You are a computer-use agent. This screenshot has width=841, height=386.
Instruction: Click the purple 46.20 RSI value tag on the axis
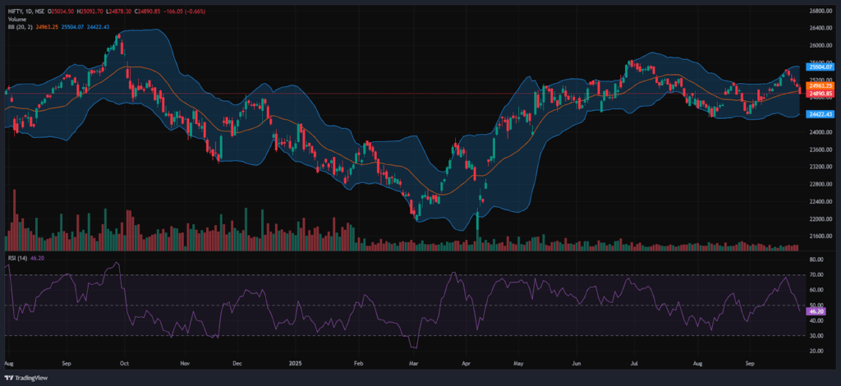coord(816,312)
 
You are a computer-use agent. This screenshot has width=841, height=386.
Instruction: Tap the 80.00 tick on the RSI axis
coord(816,260)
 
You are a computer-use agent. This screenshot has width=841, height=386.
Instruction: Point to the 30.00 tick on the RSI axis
coord(816,335)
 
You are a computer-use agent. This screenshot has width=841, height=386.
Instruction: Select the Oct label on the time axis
coord(124,361)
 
